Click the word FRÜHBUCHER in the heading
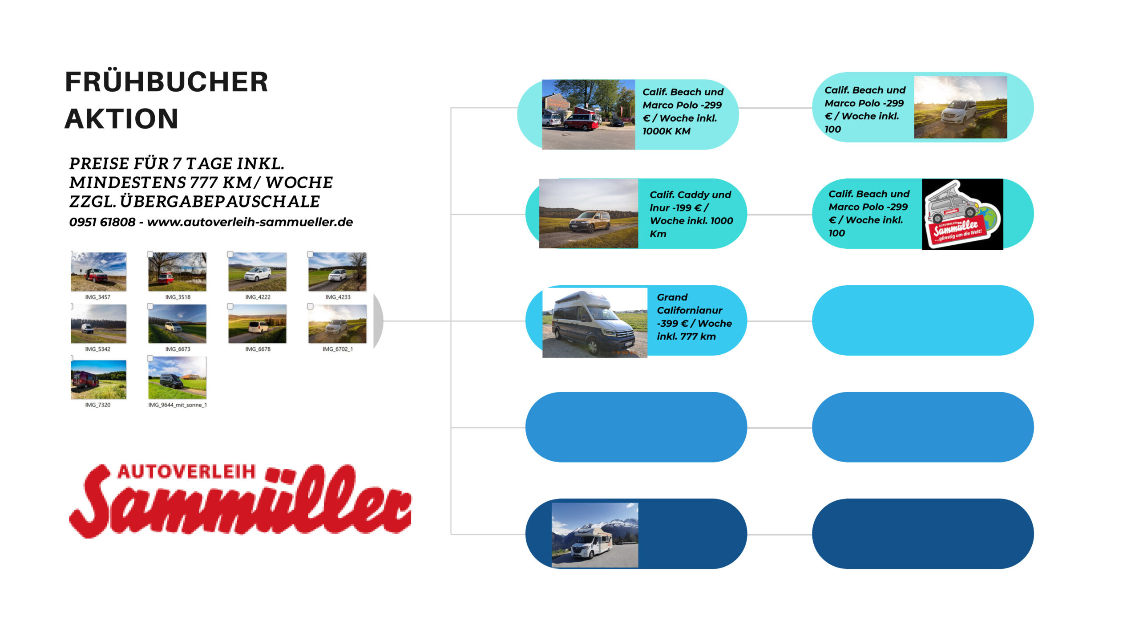(x=166, y=82)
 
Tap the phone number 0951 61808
(x=102, y=222)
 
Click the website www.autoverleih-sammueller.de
(x=250, y=222)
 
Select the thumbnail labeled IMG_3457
(x=99, y=272)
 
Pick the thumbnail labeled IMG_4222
(x=258, y=272)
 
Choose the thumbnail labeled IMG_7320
(x=99, y=379)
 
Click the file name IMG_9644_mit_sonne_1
(x=178, y=405)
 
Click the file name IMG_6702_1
(x=338, y=349)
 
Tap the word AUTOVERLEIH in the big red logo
(x=187, y=472)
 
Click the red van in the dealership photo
(x=581, y=122)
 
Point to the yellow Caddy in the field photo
(x=591, y=221)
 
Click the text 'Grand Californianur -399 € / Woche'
(x=695, y=310)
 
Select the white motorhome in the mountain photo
(x=591, y=542)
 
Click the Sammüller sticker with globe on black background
(x=962, y=214)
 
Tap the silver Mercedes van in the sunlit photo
(x=958, y=112)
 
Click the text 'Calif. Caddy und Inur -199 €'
(x=690, y=201)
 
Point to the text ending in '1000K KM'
(x=683, y=111)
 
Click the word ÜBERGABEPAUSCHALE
(x=220, y=202)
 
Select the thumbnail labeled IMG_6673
(x=178, y=324)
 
